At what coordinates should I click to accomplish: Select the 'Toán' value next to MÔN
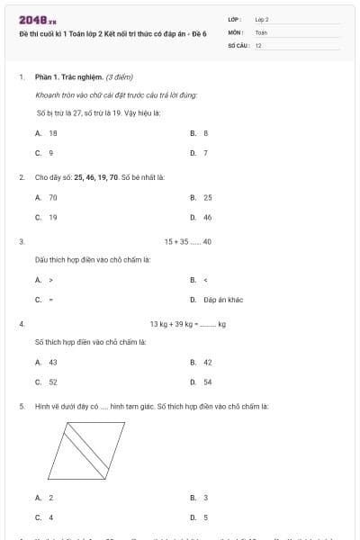click(261, 31)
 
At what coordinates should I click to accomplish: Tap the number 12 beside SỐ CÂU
click(258, 45)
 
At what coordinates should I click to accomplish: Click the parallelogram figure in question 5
click(90, 452)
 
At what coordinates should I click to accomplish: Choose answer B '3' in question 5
click(205, 498)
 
